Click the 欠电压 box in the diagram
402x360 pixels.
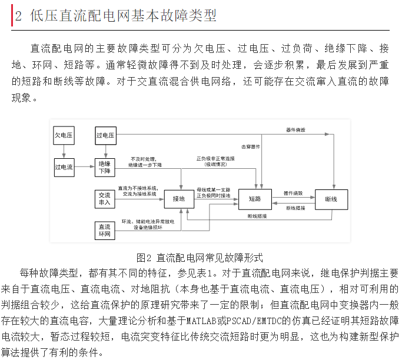coord(64,136)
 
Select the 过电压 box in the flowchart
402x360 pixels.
coord(105,136)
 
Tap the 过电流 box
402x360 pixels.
coord(64,167)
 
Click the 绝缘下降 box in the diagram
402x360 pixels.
coord(105,167)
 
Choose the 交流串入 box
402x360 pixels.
coord(105,199)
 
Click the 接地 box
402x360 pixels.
coord(179,199)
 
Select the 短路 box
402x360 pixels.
coord(255,199)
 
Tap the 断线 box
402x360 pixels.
coord(331,199)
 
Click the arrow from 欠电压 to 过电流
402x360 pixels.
coord(64,151)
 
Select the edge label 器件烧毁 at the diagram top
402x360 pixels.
coord(295,129)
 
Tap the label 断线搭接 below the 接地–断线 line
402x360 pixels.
coord(257,216)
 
